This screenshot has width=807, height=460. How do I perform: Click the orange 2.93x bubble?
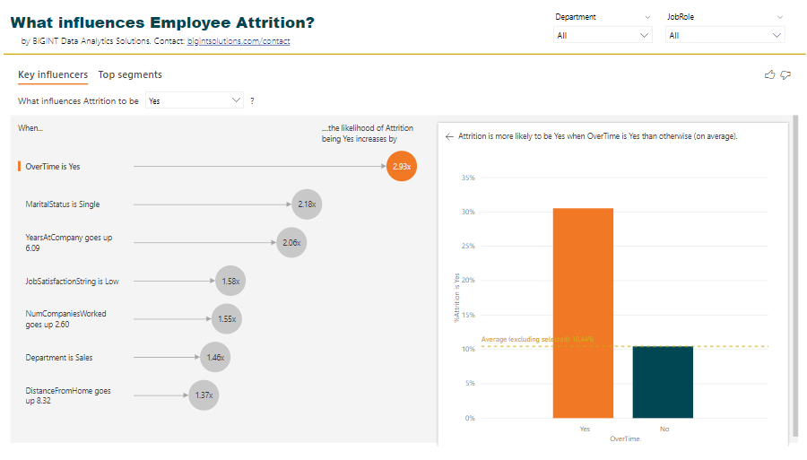point(402,167)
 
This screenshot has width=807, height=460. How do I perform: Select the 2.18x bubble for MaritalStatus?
point(307,204)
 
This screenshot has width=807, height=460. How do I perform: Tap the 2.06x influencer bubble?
point(291,242)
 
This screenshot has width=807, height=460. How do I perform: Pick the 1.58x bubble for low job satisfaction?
point(231,282)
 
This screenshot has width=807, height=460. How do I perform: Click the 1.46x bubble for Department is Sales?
point(215,358)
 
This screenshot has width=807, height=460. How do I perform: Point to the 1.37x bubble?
point(204,395)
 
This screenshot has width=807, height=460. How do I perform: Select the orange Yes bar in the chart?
point(583,313)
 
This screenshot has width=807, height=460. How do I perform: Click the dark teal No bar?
point(663,382)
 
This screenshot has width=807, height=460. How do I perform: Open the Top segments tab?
point(130,75)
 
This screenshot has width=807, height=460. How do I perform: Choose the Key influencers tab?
point(53,75)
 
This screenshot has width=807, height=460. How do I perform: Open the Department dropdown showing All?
point(603,36)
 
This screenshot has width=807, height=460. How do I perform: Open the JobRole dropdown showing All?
point(725,36)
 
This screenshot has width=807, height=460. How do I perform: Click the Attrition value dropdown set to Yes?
point(195,101)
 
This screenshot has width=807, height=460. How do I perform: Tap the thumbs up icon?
point(769,75)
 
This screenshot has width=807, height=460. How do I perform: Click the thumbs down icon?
point(785,75)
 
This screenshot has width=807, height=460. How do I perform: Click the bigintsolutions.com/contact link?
point(239,41)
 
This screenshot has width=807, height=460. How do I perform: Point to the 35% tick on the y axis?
point(467,178)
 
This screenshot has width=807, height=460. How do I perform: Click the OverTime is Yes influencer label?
point(53,167)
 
